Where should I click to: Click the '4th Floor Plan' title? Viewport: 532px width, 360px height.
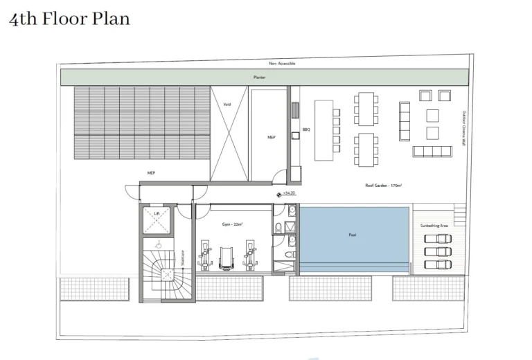[69, 19]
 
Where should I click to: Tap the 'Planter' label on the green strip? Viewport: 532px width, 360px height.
[259, 77]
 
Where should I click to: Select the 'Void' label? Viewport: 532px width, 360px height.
[227, 105]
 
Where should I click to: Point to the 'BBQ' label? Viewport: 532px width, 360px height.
[305, 129]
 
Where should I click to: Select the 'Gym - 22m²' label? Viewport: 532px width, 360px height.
[232, 224]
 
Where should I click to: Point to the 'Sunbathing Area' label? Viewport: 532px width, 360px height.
[434, 226]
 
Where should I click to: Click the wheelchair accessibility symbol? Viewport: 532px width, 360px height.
[159, 244]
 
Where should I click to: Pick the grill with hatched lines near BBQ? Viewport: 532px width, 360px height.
[294, 111]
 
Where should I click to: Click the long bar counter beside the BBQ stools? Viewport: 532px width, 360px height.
[323, 126]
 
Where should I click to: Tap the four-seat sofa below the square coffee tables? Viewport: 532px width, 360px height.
[432, 151]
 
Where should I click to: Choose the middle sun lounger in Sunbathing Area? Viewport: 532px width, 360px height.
[436, 251]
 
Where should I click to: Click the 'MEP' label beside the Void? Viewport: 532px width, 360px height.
[272, 138]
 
